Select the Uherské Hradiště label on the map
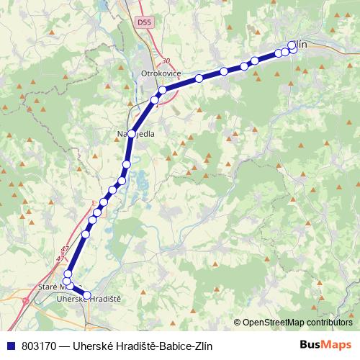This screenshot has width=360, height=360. (x=89, y=300)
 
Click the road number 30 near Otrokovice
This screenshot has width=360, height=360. (x=166, y=61)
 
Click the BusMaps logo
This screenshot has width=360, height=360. (x=326, y=346)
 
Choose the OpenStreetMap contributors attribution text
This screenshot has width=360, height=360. (x=297, y=323)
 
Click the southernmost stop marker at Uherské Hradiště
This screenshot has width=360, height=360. (x=87, y=295)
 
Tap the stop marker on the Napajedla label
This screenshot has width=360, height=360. (x=132, y=132)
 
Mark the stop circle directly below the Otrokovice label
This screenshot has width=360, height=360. (x=163, y=89)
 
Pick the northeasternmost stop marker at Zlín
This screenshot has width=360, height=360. (x=292, y=45)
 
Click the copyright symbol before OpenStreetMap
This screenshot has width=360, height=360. (x=237, y=323)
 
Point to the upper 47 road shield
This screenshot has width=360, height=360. (x=66, y=249)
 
